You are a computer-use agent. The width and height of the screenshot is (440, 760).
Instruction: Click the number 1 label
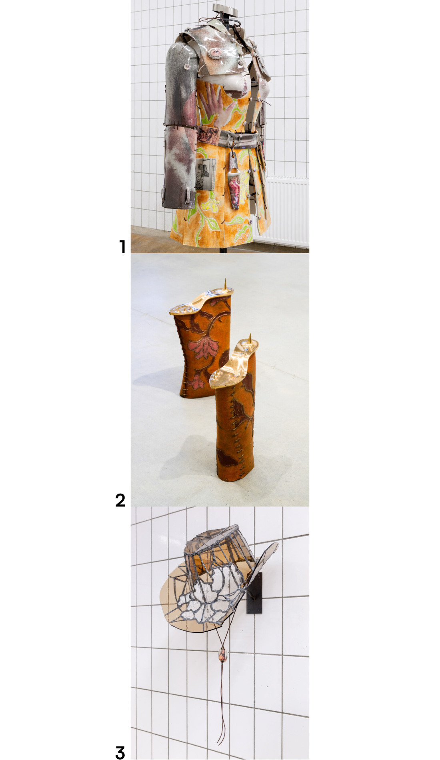[x=122, y=246]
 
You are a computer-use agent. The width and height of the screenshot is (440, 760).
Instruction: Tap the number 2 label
[x=120, y=500]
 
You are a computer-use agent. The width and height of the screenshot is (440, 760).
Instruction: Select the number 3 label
[x=120, y=752]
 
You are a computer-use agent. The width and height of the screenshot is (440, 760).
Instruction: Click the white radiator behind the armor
[x=282, y=212]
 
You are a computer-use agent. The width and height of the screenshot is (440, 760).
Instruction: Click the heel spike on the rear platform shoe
[x=225, y=284]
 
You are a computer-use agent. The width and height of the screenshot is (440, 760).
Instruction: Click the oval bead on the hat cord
[x=222, y=656]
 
